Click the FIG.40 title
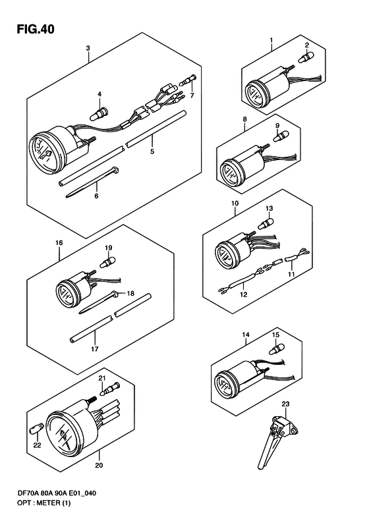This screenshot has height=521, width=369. [x=36, y=29]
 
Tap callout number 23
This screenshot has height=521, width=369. [x=285, y=404]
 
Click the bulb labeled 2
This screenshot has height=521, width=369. [x=306, y=57]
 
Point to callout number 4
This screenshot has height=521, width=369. [x=99, y=94]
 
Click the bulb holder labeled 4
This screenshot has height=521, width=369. [x=98, y=113]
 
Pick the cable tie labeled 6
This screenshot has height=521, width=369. [x=92, y=182]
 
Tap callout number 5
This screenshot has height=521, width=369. [x=152, y=152]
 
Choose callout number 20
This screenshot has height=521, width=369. [x=99, y=465]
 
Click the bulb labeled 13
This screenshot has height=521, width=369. [x=266, y=222]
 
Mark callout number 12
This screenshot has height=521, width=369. [x=244, y=294]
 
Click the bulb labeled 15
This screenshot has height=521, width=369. [x=277, y=348]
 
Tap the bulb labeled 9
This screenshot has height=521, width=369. [x=281, y=136]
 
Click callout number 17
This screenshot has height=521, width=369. [x=95, y=349]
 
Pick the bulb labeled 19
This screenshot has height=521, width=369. [x=107, y=262]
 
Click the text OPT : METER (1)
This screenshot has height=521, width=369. [x=45, y=503]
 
